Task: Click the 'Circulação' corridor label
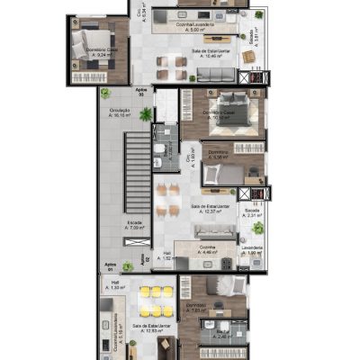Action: click(x=121, y=112)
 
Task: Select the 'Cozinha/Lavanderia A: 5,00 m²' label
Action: click(x=175, y=26)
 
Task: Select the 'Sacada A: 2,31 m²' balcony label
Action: click(x=253, y=212)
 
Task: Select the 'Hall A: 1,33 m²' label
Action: click(x=117, y=286)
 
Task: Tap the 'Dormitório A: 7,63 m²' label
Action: click(x=196, y=310)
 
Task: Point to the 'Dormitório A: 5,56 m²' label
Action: click(x=218, y=155)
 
